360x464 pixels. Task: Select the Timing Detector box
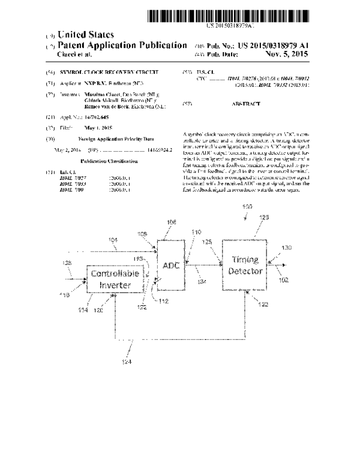(245, 266)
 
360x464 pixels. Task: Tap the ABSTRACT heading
(246, 104)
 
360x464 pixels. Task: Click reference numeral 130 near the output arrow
(287, 247)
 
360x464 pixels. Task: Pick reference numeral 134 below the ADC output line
(203, 281)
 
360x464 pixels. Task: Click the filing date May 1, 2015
(91, 128)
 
